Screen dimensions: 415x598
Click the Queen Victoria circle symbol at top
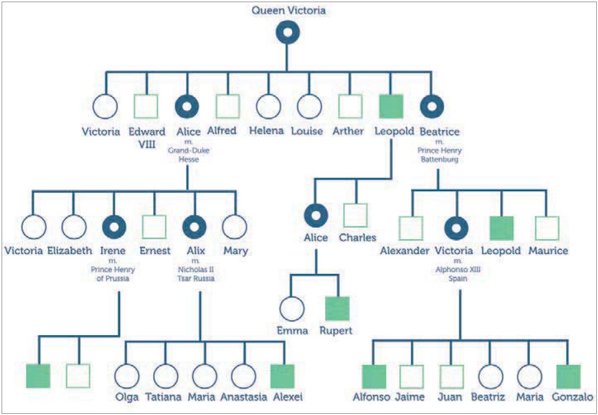(x=288, y=32)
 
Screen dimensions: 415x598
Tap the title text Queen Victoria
(x=288, y=10)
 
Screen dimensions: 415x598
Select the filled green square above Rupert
(x=337, y=309)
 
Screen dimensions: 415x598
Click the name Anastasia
(x=243, y=397)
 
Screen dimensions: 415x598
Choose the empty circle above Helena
(x=268, y=106)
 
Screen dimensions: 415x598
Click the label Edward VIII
(x=147, y=138)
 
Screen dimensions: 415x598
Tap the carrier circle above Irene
(x=114, y=227)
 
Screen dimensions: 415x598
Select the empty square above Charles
(x=355, y=215)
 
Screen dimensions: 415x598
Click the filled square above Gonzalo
(x=568, y=377)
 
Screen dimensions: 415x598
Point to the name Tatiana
(x=163, y=397)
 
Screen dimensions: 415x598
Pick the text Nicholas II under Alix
(x=196, y=269)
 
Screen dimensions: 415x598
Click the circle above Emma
(x=292, y=309)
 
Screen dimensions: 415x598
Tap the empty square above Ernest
(x=154, y=227)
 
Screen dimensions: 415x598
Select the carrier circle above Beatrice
(x=432, y=106)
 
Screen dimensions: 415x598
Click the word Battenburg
(x=439, y=159)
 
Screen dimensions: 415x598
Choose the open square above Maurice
(x=547, y=228)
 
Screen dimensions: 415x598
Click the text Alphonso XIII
(x=458, y=269)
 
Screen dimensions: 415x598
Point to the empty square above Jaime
(x=412, y=377)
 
